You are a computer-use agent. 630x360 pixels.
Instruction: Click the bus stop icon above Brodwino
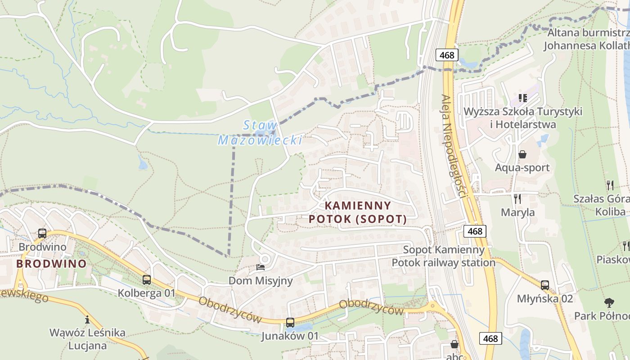click(42, 234)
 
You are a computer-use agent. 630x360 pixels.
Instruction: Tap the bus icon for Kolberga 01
click(146, 280)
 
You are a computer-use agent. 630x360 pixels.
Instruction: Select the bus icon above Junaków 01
click(290, 323)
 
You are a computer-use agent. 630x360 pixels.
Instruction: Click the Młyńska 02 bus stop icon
click(545, 285)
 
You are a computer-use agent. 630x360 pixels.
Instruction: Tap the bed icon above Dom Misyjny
click(261, 267)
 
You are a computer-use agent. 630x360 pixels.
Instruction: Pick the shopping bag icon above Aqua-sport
click(522, 155)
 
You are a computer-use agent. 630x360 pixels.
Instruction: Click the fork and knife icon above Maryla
click(517, 198)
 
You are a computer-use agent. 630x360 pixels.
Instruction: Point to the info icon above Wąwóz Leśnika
click(87, 319)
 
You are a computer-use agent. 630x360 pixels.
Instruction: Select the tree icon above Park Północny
click(609, 302)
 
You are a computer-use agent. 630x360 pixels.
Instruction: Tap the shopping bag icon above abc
click(454, 344)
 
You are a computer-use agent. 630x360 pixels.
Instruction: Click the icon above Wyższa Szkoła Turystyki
click(522, 98)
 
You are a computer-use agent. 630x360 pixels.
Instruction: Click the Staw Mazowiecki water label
click(260, 133)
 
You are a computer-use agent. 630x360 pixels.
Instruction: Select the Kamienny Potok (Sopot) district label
click(358, 212)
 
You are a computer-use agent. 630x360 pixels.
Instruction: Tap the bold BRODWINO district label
click(51, 264)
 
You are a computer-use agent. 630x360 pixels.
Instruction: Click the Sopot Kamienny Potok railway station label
click(444, 256)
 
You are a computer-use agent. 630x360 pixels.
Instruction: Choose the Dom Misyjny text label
click(261, 281)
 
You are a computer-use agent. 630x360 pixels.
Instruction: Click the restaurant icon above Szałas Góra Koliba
click(610, 185)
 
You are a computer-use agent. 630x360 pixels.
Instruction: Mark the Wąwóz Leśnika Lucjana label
click(87, 339)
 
